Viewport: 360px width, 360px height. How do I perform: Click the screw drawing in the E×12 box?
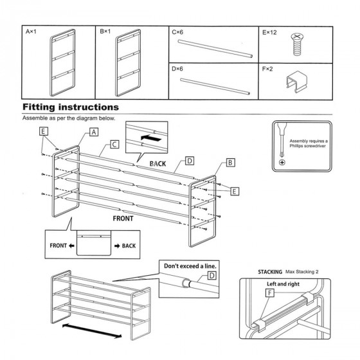297,45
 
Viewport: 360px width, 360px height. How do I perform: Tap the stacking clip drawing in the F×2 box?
297,82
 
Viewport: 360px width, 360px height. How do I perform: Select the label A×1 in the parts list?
31,32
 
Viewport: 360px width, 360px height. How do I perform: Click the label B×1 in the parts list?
105,32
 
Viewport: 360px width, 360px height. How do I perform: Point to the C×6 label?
177,32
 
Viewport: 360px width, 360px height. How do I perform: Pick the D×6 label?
177,69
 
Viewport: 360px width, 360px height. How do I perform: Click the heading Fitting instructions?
71,107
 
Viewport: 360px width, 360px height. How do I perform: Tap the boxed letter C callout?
114,145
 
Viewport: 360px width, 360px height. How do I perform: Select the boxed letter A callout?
94,132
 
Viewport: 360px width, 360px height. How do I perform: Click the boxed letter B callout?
231,163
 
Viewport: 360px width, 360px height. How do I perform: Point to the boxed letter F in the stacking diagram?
270,292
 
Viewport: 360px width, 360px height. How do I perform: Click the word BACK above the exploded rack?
157,164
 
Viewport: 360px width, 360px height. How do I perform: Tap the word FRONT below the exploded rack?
123,219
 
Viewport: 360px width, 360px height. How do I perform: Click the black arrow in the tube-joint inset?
151,138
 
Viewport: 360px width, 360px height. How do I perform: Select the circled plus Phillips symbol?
282,162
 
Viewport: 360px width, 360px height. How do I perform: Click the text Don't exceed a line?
190,266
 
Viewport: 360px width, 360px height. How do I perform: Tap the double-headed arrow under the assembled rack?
92,331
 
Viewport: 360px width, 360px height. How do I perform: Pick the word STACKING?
270,272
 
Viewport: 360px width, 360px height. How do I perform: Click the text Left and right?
283,284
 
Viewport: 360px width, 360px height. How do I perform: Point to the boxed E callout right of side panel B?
234,192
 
